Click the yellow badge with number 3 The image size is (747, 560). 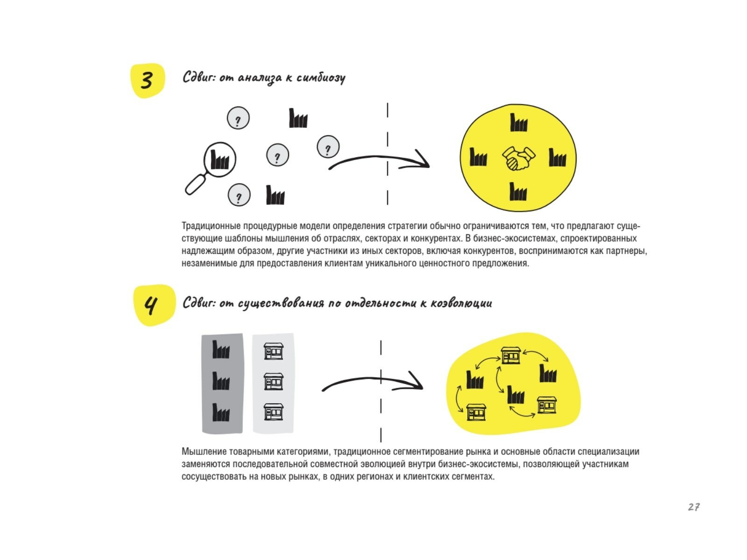coord(147,80)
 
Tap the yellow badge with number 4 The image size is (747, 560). coord(153,305)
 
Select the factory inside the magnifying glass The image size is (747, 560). coord(220,160)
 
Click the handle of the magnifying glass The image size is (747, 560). coord(196,184)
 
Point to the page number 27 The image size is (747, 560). coord(693,507)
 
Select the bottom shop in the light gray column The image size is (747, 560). coord(274,412)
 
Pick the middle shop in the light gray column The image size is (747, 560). coord(274,381)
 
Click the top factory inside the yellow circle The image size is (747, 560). coord(519,123)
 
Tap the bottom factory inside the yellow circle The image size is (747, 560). coord(518,192)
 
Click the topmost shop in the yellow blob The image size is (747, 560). coord(511,356)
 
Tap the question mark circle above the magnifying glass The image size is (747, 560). coord(238,119)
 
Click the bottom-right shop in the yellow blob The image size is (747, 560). coord(546,405)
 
